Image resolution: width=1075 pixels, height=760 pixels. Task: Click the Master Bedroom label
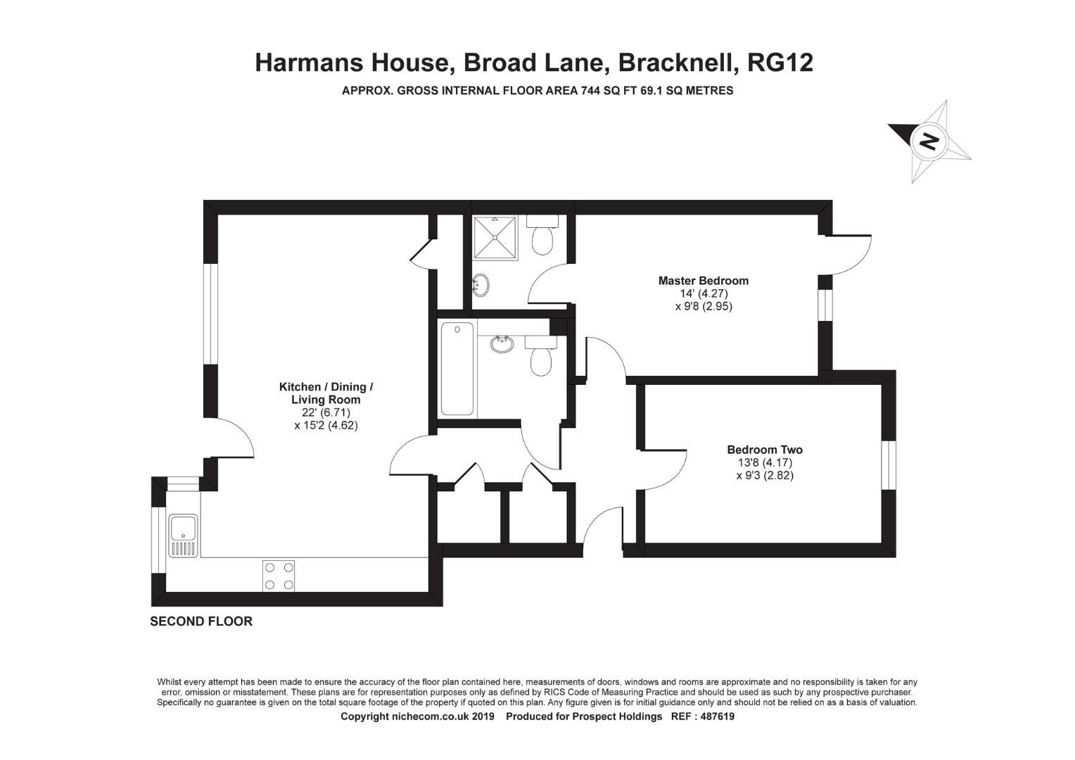point(703,281)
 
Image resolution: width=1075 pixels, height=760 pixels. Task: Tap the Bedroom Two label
point(764,450)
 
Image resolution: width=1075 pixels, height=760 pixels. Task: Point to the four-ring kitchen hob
point(279,576)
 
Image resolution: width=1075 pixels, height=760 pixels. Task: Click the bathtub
point(457,369)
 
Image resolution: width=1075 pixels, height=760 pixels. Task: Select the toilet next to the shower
point(542,236)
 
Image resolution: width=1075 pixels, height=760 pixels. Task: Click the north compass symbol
point(929,141)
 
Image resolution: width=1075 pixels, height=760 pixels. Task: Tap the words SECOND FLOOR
point(201,621)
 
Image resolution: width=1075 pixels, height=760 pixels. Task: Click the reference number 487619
point(714,716)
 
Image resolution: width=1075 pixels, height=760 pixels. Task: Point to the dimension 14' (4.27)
point(703,293)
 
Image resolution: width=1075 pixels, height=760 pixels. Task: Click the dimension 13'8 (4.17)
point(765,463)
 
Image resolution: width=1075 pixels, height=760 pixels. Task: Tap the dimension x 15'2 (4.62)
point(326,425)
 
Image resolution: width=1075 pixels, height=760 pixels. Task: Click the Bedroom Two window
point(889,465)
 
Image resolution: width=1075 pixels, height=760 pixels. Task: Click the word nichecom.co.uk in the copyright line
point(428,716)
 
